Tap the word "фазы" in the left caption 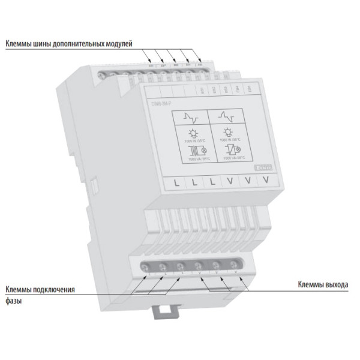(x=14, y=301)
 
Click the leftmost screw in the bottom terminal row (x=145, y=265)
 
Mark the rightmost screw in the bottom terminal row (x=238, y=261)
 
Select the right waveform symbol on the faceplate (x=227, y=115)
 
